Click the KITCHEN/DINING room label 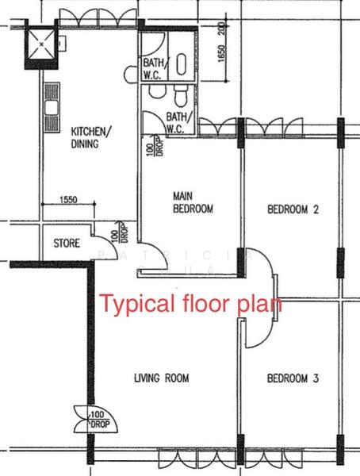pyautogui.click(x=92, y=137)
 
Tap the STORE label pyautogui.click(x=66, y=244)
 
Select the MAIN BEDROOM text pyautogui.click(x=193, y=202)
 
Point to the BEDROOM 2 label pyautogui.click(x=293, y=210)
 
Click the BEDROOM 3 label pyautogui.click(x=293, y=379)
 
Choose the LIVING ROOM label pyautogui.click(x=161, y=378)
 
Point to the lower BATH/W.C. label pyautogui.click(x=176, y=121)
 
